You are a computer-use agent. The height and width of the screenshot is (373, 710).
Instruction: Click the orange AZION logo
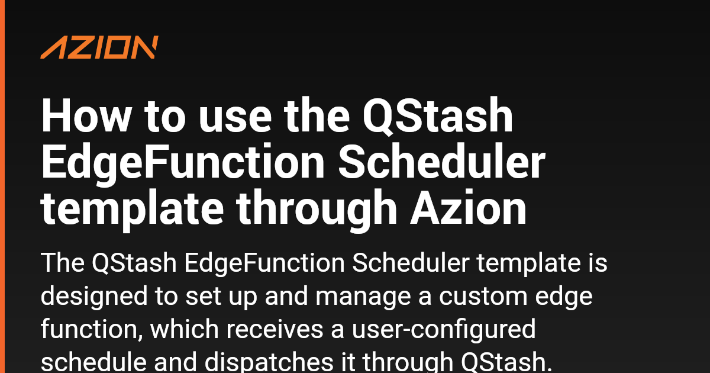(x=99, y=47)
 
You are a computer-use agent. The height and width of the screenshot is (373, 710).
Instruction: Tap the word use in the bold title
(x=235, y=120)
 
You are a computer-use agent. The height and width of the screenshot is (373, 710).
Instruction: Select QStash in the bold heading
(x=438, y=116)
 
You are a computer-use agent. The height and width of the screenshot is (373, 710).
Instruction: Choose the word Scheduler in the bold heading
(x=441, y=162)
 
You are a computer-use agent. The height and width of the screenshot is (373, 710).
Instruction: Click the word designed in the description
(x=94, y=297)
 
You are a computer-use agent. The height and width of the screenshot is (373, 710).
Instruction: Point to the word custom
(x=483, y=296)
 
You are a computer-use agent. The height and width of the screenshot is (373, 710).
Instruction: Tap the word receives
(x=275, y=329)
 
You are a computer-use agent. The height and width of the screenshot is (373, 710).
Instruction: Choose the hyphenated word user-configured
(x=444, y=330)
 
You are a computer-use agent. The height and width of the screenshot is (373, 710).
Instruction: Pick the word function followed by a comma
(x=92, y=329)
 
